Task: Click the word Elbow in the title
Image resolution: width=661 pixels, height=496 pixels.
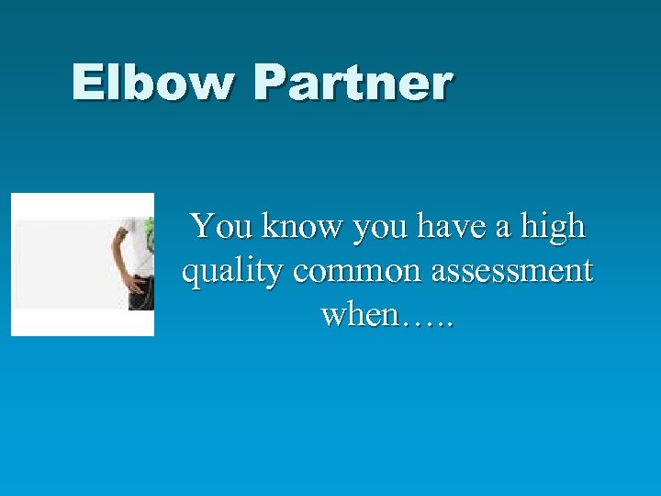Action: click(x=154, y=83)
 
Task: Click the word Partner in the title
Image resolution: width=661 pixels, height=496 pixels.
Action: click(x=353, y=83)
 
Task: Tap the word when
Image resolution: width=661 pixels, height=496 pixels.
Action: click(x=360, y=315)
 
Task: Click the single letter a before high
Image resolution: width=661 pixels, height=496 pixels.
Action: click(x=502, y=228)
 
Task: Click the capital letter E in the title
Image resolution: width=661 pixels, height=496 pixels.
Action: click(x=89, y=83)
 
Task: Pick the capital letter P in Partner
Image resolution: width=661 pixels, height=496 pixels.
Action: click(x=274, y=83)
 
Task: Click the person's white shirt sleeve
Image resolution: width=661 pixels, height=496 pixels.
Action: click(x=132, y=226)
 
